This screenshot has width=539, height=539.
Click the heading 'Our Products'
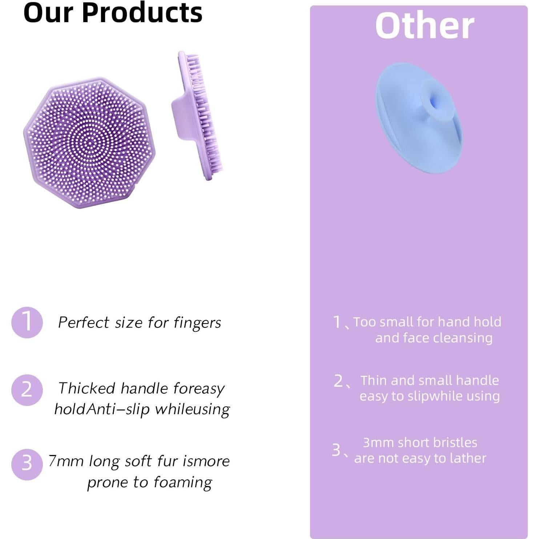(113, 13)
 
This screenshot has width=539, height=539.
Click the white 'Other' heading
(425, 26)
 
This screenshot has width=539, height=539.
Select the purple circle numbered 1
(27, 322)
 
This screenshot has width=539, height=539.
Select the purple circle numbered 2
(27, 390)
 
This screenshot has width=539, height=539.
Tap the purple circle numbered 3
(27, 464)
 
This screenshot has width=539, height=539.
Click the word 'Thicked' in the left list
(87, 389)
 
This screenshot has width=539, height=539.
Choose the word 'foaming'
(183, 483)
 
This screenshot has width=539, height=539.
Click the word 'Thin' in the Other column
(374, 381)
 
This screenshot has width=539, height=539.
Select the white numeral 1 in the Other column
(337, 322)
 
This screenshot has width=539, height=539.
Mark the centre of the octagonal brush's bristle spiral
(90, 142)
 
